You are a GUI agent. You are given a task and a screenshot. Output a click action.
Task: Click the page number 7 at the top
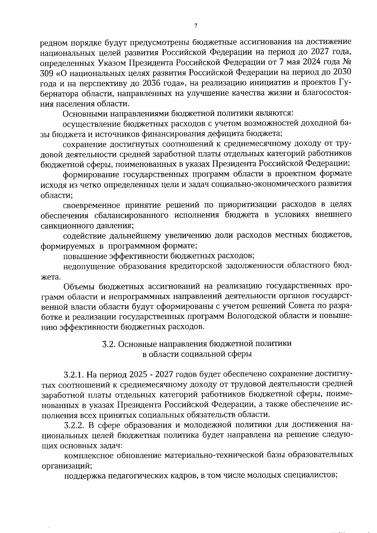coord(195,26)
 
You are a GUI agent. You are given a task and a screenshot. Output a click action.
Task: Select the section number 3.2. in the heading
coord(110,344)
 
